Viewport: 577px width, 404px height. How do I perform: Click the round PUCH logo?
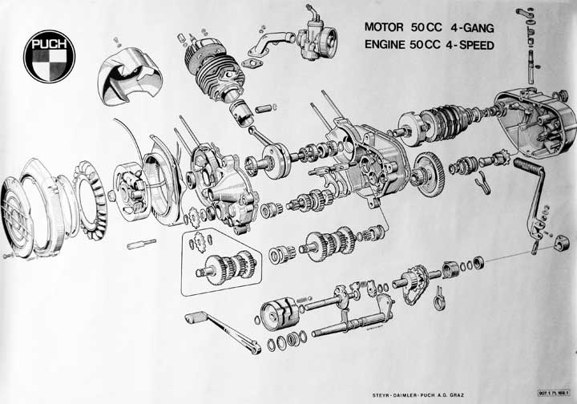pos(49,56)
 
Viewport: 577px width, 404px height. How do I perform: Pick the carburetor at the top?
pos(313,32)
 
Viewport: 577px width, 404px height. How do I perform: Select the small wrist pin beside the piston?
pos(265,107)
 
